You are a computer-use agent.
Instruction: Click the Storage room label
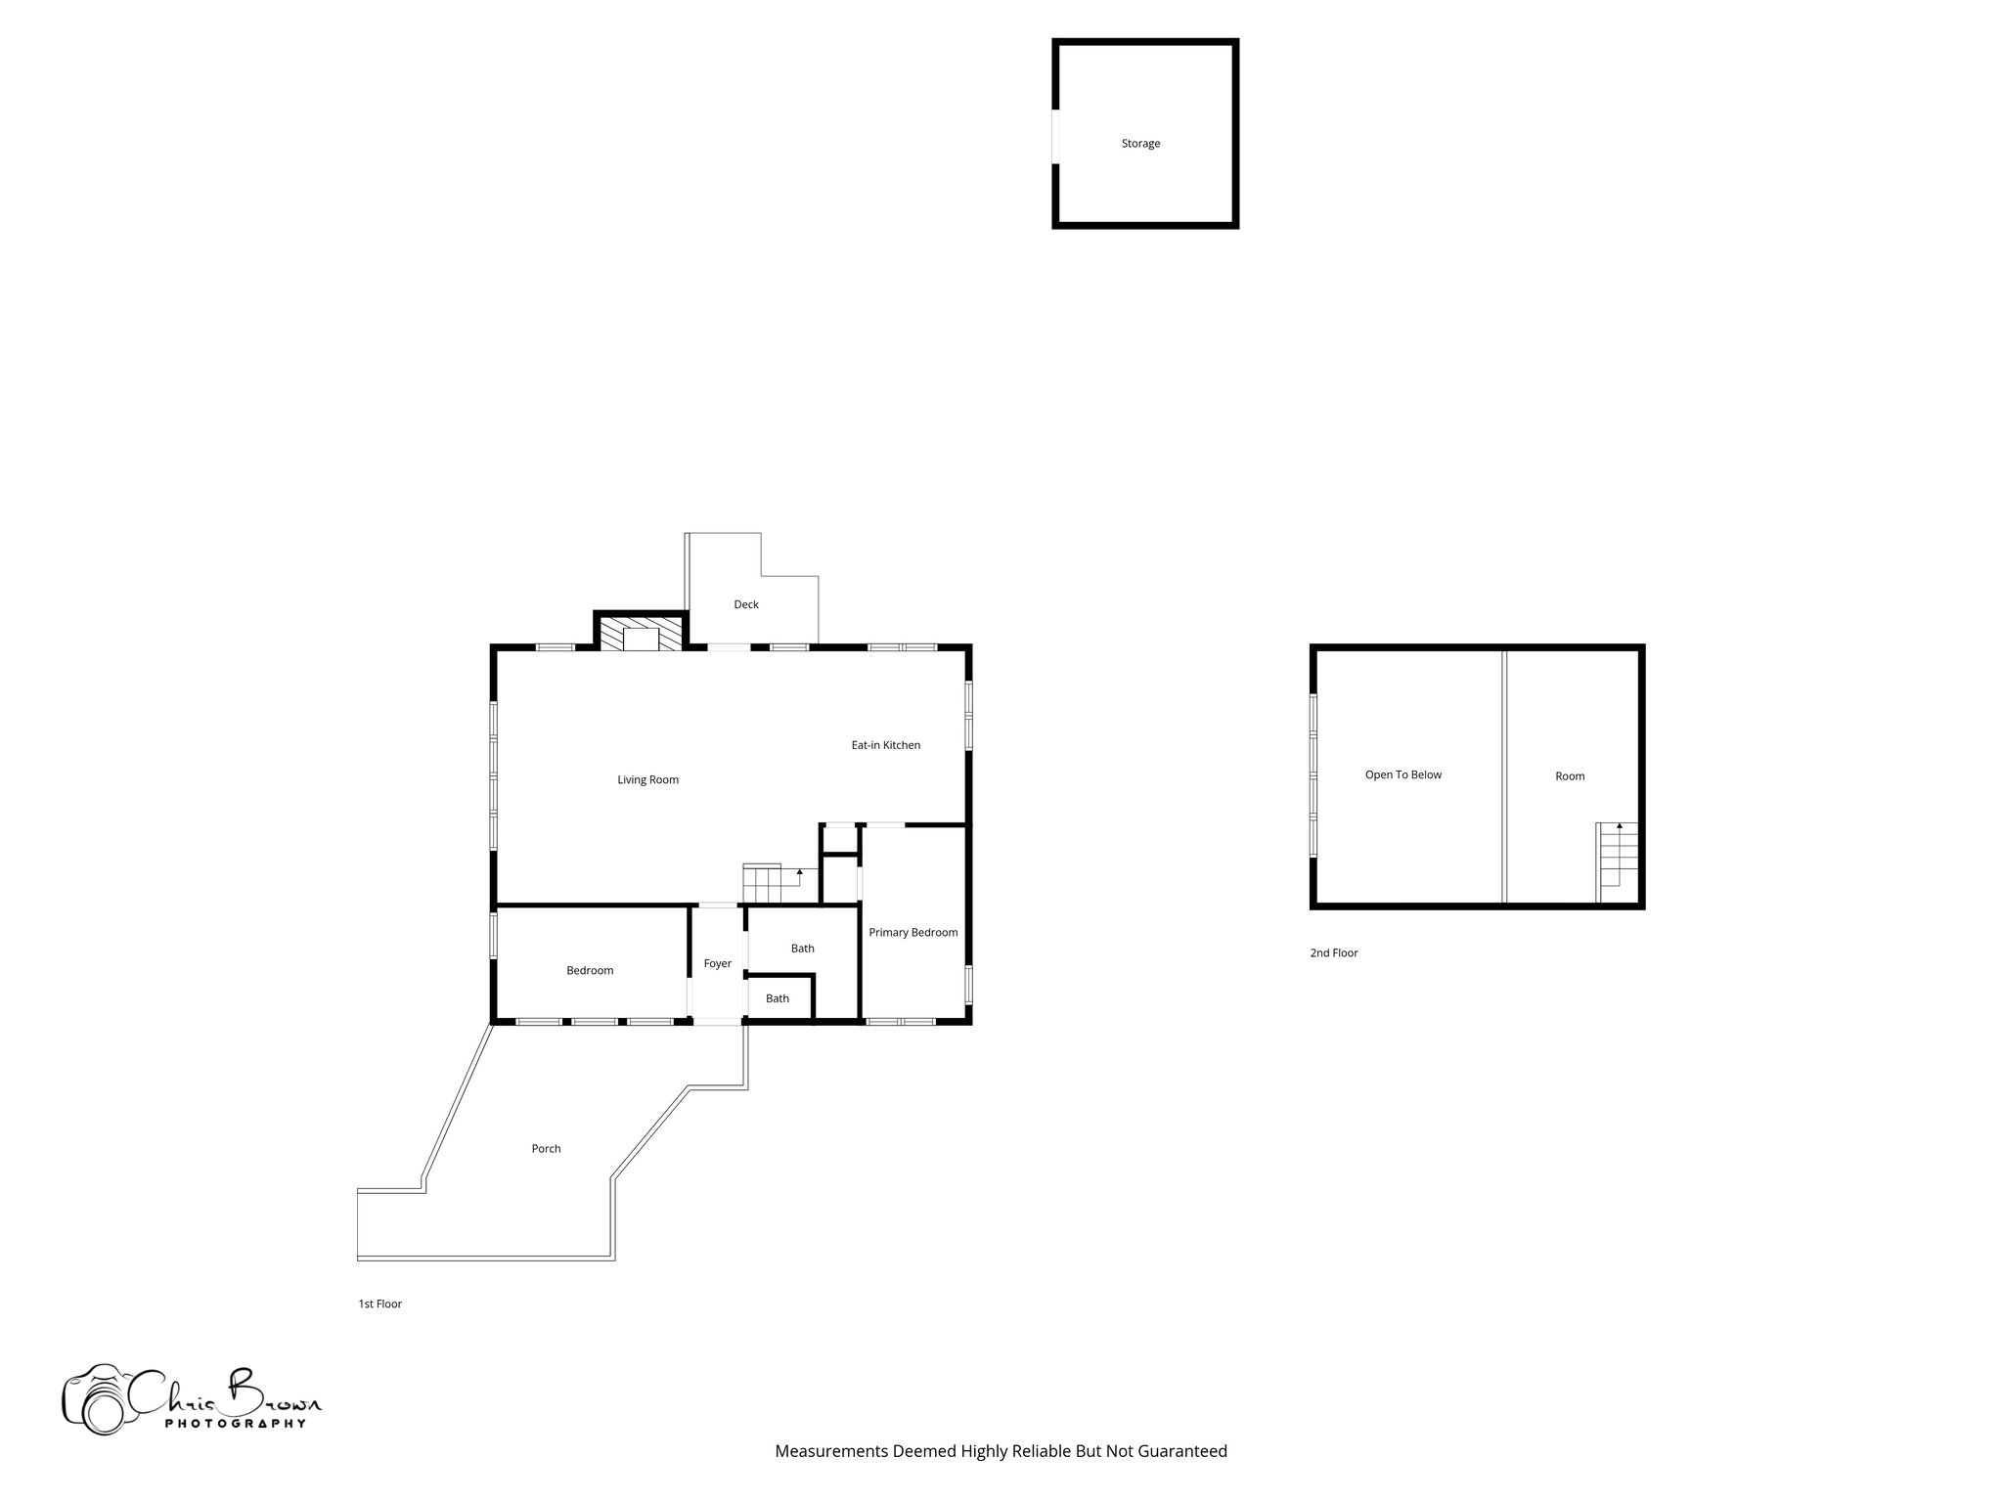[x=1140, y=144]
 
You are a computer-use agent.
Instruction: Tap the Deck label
[x=746, y=604]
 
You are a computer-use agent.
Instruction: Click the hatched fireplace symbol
[x=641, y=634]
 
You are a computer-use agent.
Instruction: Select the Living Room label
[x=647, y=780]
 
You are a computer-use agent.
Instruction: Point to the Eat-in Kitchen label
[x=885, y=745]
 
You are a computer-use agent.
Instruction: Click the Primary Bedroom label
[x=912, y=933]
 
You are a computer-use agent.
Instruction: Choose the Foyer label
[x=717, y=964]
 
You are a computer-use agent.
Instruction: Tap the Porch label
[x=546, y=1149]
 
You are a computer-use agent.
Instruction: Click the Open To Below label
[x=1403, y=775]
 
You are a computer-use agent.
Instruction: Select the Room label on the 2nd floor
[x=1570, y=776]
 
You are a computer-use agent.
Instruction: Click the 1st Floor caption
[x=379, y=1303]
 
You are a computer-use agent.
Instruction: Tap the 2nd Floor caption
[x=1334, y=952]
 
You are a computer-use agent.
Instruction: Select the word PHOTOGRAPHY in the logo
[x=235, y=1424]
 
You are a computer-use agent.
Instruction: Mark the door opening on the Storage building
[x=1055, y=137]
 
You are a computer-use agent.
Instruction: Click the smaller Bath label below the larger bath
[x=778, y=998]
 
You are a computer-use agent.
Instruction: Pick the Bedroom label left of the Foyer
[x=590, y=971]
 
